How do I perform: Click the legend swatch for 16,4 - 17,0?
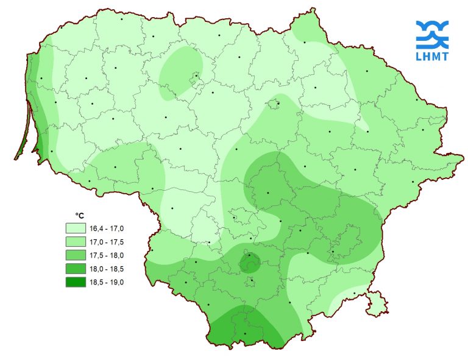(76, 228)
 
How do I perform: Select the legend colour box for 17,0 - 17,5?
(76, 242)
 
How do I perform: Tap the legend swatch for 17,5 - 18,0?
(76, 255)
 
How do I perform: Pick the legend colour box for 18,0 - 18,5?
(76, 269)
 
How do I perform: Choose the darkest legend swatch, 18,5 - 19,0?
(76, 282)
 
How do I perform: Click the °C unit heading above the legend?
(79, 216)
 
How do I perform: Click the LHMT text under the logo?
(432, 57)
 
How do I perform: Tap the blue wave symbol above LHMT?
(432, 34)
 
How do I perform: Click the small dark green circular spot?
(249, 263)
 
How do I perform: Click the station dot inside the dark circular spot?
(249, 256)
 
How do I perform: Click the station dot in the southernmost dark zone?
(245, 333)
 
